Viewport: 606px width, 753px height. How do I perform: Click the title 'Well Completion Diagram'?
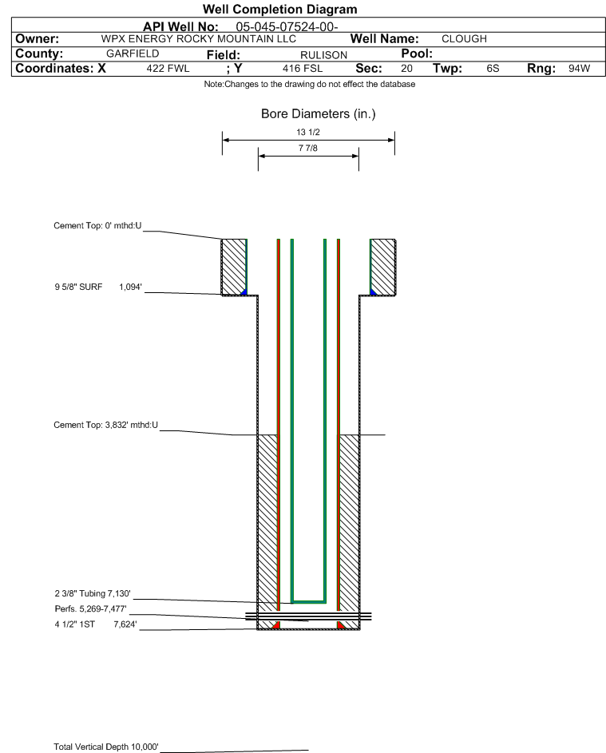coord(280,9)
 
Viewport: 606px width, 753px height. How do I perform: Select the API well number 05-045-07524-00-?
coord(287,27)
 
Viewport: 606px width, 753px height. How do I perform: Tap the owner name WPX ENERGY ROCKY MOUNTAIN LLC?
coord(198,39)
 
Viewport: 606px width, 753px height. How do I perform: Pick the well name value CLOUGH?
coord(465,39)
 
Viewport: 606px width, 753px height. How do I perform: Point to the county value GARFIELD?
coord(133,54)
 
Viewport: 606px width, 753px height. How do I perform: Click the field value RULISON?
coord(323,55)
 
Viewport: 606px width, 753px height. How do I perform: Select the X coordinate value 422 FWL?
coord(168,68)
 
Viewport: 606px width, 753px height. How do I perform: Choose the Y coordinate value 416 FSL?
coord(303,68)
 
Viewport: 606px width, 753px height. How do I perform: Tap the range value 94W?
coord(579,68)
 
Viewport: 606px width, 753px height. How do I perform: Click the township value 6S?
coord(493,68)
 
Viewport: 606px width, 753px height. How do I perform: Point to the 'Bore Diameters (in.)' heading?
coord(319,114)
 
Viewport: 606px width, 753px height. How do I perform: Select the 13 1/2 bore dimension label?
coord(308,132)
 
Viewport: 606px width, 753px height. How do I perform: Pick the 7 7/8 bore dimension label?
coord(308,148)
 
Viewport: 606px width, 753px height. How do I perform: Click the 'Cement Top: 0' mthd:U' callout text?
coord(97,226)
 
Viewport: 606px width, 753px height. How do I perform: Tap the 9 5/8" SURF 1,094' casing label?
coord(98,287)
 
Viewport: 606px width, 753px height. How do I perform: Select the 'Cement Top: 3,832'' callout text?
coord(105,425)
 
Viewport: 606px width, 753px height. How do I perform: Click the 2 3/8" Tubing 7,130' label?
coord(93,593)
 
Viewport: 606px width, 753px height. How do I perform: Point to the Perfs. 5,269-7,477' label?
coord(91,609)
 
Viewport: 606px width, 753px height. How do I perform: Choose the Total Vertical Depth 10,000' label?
coord(106,747)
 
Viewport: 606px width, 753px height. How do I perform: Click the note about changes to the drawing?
coord(310,84)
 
